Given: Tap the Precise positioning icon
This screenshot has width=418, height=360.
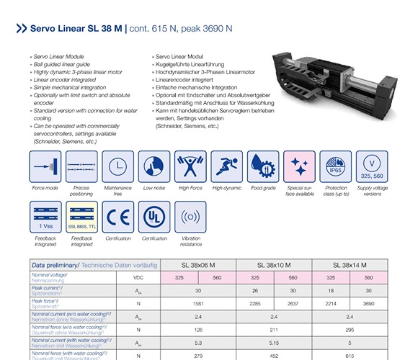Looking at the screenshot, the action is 81,166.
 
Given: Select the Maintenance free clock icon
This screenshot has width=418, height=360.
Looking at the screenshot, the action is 117,166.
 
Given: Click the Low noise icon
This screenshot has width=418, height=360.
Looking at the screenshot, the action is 154,166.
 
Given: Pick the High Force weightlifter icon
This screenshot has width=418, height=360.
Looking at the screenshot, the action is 190,166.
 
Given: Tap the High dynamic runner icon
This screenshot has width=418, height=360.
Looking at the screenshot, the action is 227,166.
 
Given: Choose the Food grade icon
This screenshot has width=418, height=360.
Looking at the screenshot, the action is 263,166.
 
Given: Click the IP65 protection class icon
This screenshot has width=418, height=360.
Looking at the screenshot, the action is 336,166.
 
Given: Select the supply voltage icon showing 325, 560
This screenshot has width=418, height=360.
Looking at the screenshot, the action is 372,166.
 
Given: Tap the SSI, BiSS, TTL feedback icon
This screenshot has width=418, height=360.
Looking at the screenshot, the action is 81,217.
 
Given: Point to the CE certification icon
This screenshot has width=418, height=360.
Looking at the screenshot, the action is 117,217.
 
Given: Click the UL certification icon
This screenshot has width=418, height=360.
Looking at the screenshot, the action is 154,217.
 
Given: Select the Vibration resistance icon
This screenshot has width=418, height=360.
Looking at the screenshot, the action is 190,217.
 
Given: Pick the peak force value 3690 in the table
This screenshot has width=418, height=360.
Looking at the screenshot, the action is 369,304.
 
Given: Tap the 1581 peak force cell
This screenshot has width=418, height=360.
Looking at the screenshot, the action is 197,304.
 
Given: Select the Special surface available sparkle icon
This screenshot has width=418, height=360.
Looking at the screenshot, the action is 299,166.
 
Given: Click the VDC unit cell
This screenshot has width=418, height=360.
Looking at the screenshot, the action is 138,277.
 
